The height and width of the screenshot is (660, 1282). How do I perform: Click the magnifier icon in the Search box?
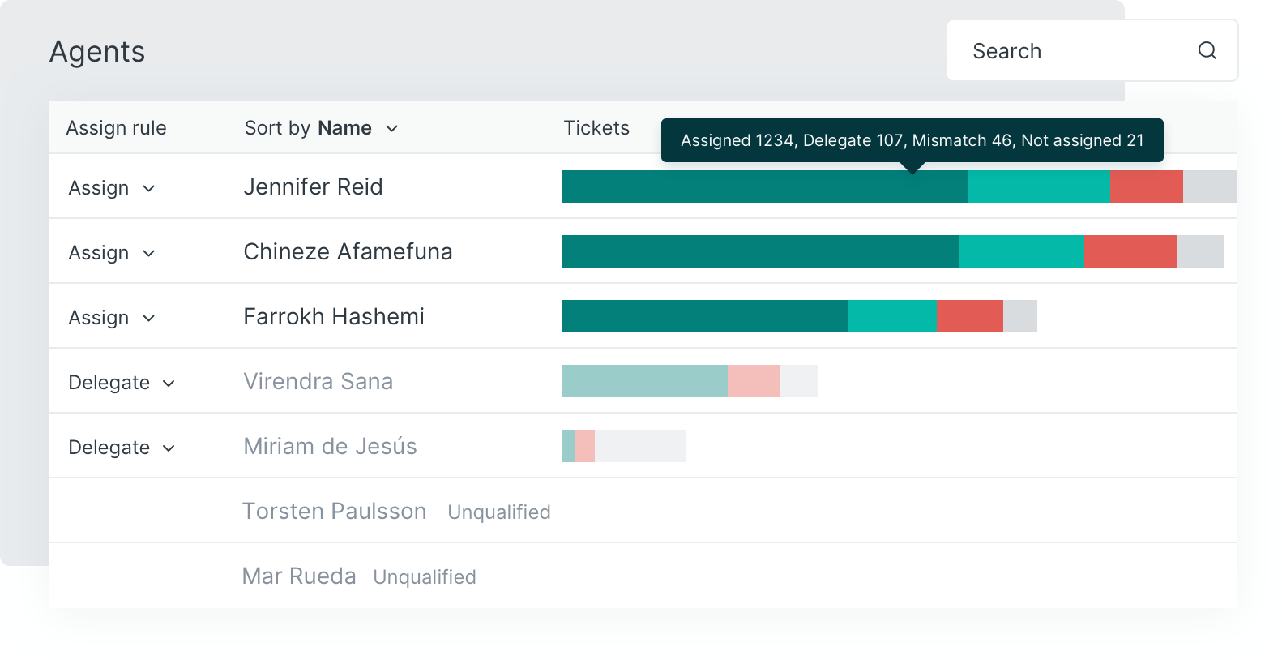tap(1207, 51)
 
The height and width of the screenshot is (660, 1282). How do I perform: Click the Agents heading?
tap(97, 52)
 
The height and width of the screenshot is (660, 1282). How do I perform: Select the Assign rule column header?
tap(116, 128)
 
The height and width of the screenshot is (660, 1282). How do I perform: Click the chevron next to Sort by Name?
tap(392, 129)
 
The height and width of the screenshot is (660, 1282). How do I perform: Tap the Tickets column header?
tap(596, 128)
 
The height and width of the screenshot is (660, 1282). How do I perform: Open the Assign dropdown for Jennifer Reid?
tap(112, 188)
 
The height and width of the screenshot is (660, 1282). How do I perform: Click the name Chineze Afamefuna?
tap(348, 251)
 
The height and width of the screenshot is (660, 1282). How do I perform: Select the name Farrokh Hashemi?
tap(334, 316)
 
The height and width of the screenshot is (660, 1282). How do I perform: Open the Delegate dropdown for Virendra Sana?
tap(122, 383)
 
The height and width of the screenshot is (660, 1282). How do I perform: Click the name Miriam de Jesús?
tap(330, 446)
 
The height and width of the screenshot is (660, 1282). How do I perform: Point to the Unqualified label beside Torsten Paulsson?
tap(499, 512)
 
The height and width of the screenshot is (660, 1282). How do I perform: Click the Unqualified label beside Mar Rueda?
tap(425, 577)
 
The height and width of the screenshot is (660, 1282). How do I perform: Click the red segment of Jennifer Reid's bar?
tap(1146, 186)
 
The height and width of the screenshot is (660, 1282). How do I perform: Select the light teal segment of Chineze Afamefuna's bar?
tap(1021, 251)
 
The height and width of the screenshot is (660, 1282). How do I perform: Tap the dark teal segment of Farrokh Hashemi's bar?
tap(704, 316)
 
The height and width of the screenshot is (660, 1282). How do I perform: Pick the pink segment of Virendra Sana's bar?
tap(753, 381)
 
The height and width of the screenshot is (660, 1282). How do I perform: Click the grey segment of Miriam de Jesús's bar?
tap(639, 446)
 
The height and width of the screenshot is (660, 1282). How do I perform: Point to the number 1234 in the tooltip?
tap(774, 140)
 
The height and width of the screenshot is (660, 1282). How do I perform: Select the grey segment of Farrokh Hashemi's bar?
tap(1019, 316)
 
